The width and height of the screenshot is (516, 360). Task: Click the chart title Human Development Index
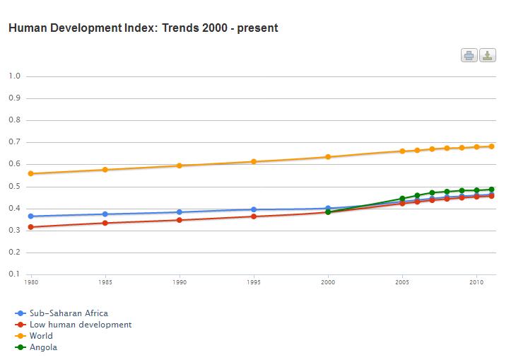pos(142,28)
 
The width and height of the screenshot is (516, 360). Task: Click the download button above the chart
pos(488,55)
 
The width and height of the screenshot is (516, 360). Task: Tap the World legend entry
pos(40,336)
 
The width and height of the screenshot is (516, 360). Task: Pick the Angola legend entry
pos(43,347)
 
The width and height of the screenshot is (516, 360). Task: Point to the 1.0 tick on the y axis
pos(14,76)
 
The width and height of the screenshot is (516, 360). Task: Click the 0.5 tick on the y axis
pos(14,187)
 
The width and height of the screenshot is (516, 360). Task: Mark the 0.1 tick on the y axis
pos(14,274)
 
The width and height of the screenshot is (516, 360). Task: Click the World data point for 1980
pos(31,173)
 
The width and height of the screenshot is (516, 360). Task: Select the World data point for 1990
pos(180,166)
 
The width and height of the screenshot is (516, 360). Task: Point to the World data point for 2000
pos(328,157)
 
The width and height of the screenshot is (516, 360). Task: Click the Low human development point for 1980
pos(31,227)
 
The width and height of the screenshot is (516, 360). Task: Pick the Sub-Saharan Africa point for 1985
pos(105,214)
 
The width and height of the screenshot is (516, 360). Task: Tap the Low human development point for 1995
pos(254,216)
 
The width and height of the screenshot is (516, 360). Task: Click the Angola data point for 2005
pos(402,199)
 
